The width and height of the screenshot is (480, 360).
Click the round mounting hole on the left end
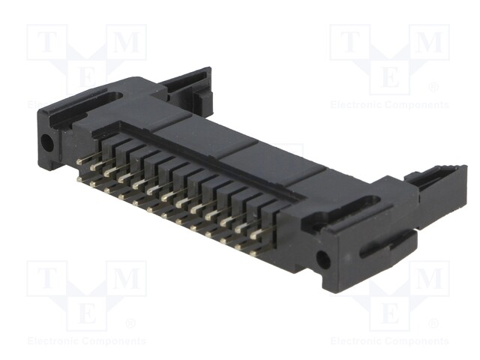(x=47, y=142)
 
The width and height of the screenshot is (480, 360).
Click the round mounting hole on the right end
(x=322, y=259)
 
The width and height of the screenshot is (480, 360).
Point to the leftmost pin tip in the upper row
(x=80, y=162)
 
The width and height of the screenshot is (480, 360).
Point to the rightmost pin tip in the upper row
(x=253, y=236)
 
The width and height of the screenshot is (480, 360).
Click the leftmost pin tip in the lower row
(x=79, y=178)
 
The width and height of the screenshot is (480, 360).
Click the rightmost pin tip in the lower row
(x=253, y=253)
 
